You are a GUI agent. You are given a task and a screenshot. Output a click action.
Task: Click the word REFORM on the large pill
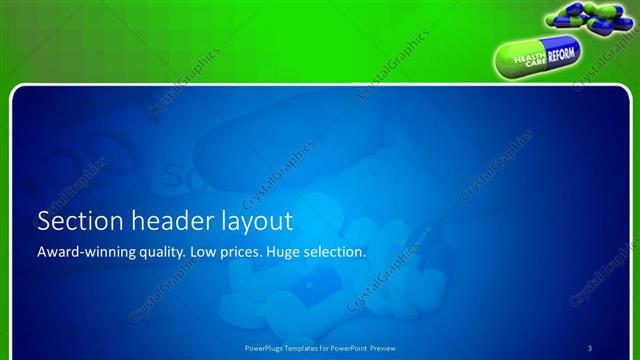coord(561,55)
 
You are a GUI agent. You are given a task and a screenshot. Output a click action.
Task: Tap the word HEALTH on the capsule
coord(524,59)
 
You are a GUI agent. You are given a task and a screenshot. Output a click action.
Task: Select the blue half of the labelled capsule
coord(562,55)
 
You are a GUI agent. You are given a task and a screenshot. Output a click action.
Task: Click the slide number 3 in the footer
coord(589,348)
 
